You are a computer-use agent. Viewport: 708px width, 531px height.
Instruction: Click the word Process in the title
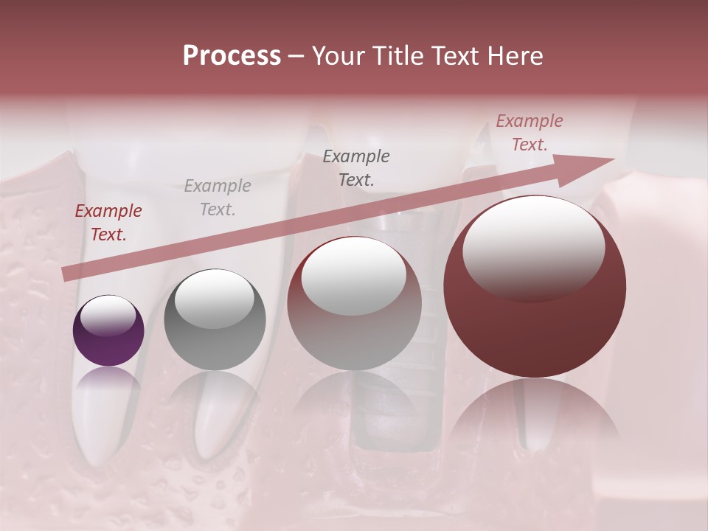click(x=232, y=56)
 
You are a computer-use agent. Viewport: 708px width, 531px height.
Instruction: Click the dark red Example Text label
click(x=108, y=223)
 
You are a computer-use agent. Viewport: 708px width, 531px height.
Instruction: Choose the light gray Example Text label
click(x=218, y=198)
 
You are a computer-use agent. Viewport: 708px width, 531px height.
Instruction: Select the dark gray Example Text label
click(x=356, y=167)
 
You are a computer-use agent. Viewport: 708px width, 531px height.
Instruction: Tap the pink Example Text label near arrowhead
click(x=530, y=133)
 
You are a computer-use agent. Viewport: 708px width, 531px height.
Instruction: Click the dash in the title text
click(x=296, y=56)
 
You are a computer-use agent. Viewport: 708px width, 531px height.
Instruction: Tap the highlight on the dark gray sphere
click(x=214, y=299)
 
